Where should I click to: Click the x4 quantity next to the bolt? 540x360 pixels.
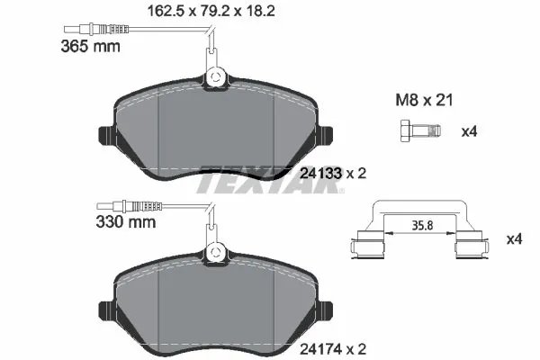pos(468,132)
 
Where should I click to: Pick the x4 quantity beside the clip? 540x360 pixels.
pos(514,239)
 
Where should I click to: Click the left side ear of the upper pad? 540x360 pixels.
pos(103,138)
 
